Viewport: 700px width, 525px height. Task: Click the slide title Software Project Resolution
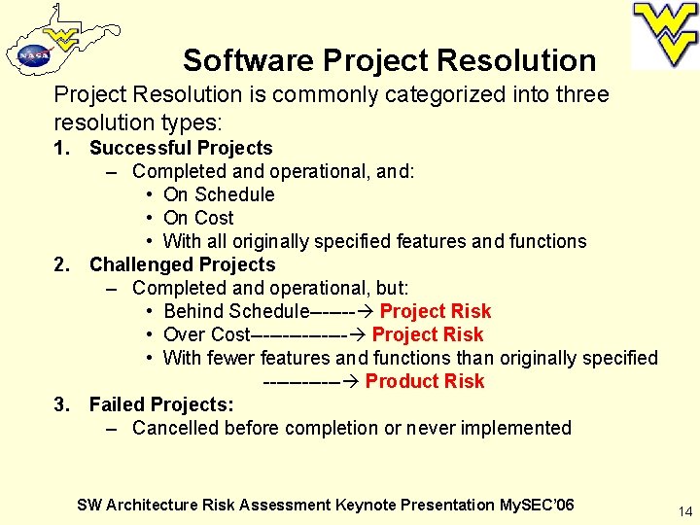pyautogui.click(x=389, y=60)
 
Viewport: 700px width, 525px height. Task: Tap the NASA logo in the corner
pyautogui.click(x=33, y=56)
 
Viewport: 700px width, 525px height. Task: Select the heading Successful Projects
pyautogui.click(x=181, y=148)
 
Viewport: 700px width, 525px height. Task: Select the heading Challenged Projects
pyautogui.click(x=182, y=264)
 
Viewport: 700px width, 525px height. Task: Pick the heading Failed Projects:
pyautogui.click(x=161, y=404)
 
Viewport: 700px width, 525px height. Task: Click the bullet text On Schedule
pyautogui.click(x=219, y=194)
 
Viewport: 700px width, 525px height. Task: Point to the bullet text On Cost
pyautogui.click(x=198, y=218)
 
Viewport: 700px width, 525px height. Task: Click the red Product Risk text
pyautogui.click(x=424, y=381)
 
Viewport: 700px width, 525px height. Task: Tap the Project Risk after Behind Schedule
pyautogui.click(x=435, y=311)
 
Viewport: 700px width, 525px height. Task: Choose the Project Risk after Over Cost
pyautogui.click(x=427, y=334)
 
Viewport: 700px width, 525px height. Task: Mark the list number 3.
pyautogui.click(x=61, y=404)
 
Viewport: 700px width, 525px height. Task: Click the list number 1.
pyautogui.click(x=61, y=148)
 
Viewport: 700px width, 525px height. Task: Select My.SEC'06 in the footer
pyautogui.click(x=536, y=505)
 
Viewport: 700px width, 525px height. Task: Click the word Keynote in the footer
pyautogui.click(x=367, y=505)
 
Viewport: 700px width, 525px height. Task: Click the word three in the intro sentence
pyautogui.click(x=584, y=94)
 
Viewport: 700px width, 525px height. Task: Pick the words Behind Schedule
pyautogui.click(x=234, y=311)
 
